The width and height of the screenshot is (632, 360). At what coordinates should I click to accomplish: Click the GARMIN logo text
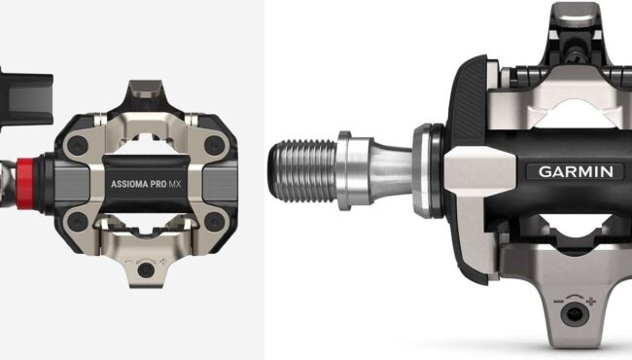pos(576,172)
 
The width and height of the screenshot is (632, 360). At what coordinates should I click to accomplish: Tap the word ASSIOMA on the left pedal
pos(129,185)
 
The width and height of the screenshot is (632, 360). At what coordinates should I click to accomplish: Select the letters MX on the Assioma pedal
pos(175,185)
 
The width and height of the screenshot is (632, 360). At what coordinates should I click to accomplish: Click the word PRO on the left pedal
pos(158,185)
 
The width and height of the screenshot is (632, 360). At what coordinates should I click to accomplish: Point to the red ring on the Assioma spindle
pos(25,184)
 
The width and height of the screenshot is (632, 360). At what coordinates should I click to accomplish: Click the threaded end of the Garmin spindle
pos(302,170)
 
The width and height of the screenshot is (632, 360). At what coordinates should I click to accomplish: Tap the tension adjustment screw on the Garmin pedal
pos(574,314)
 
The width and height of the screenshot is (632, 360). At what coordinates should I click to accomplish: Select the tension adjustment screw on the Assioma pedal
pos(146,270)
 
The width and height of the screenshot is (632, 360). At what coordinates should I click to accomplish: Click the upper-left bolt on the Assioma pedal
pos(78,145)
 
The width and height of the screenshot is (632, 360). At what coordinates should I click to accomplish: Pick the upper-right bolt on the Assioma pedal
pos(214,145)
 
